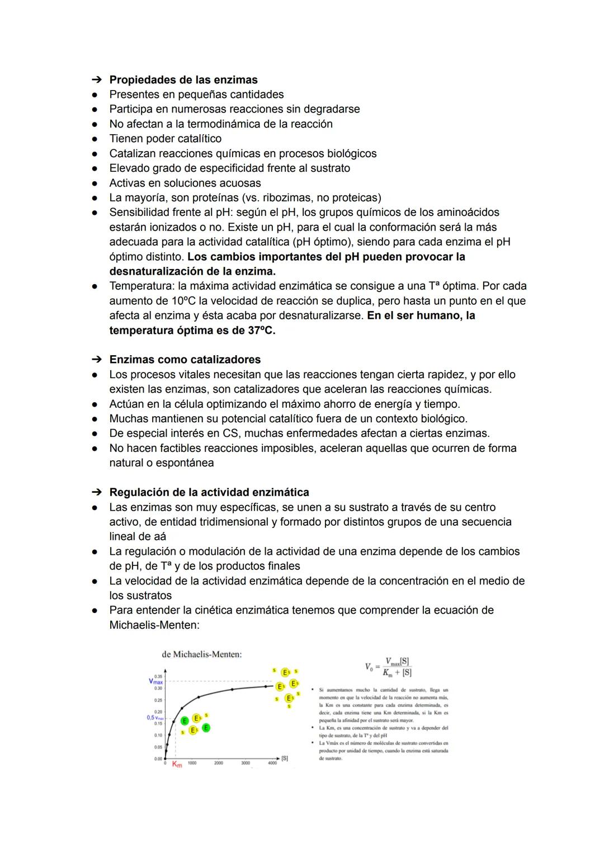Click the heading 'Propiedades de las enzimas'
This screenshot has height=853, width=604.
[x=183, y=80]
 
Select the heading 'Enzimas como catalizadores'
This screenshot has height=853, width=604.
[x=185, y=360]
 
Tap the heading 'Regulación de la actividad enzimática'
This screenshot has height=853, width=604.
[x=209, y=492]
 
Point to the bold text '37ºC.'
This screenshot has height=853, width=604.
[x=261, y=330]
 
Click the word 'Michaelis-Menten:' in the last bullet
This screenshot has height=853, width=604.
[x=154, y=625]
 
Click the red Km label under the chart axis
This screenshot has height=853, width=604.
[x=177, y=765]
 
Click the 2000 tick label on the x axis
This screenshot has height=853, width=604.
[x=219, y=763]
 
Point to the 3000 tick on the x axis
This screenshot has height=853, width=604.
[x=246, y=763]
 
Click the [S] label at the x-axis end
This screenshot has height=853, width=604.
[x=284, y=758]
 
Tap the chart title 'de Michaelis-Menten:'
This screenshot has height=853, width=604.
[x=201, y=654]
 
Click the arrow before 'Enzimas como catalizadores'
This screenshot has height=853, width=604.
[x=97, y=360]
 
